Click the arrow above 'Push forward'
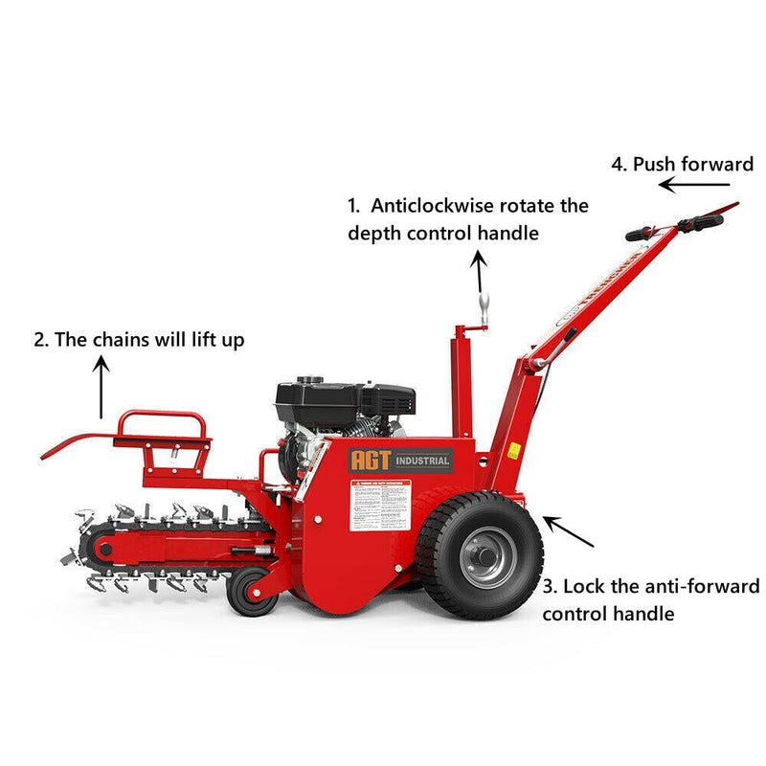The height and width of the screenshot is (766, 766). pos(693,185)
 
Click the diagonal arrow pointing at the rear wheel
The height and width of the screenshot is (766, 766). pos(569,531)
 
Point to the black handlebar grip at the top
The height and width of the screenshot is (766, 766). pos(699,223)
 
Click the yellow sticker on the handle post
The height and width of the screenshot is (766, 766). pos(514,449)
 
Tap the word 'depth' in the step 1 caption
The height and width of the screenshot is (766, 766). pos(370,233)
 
